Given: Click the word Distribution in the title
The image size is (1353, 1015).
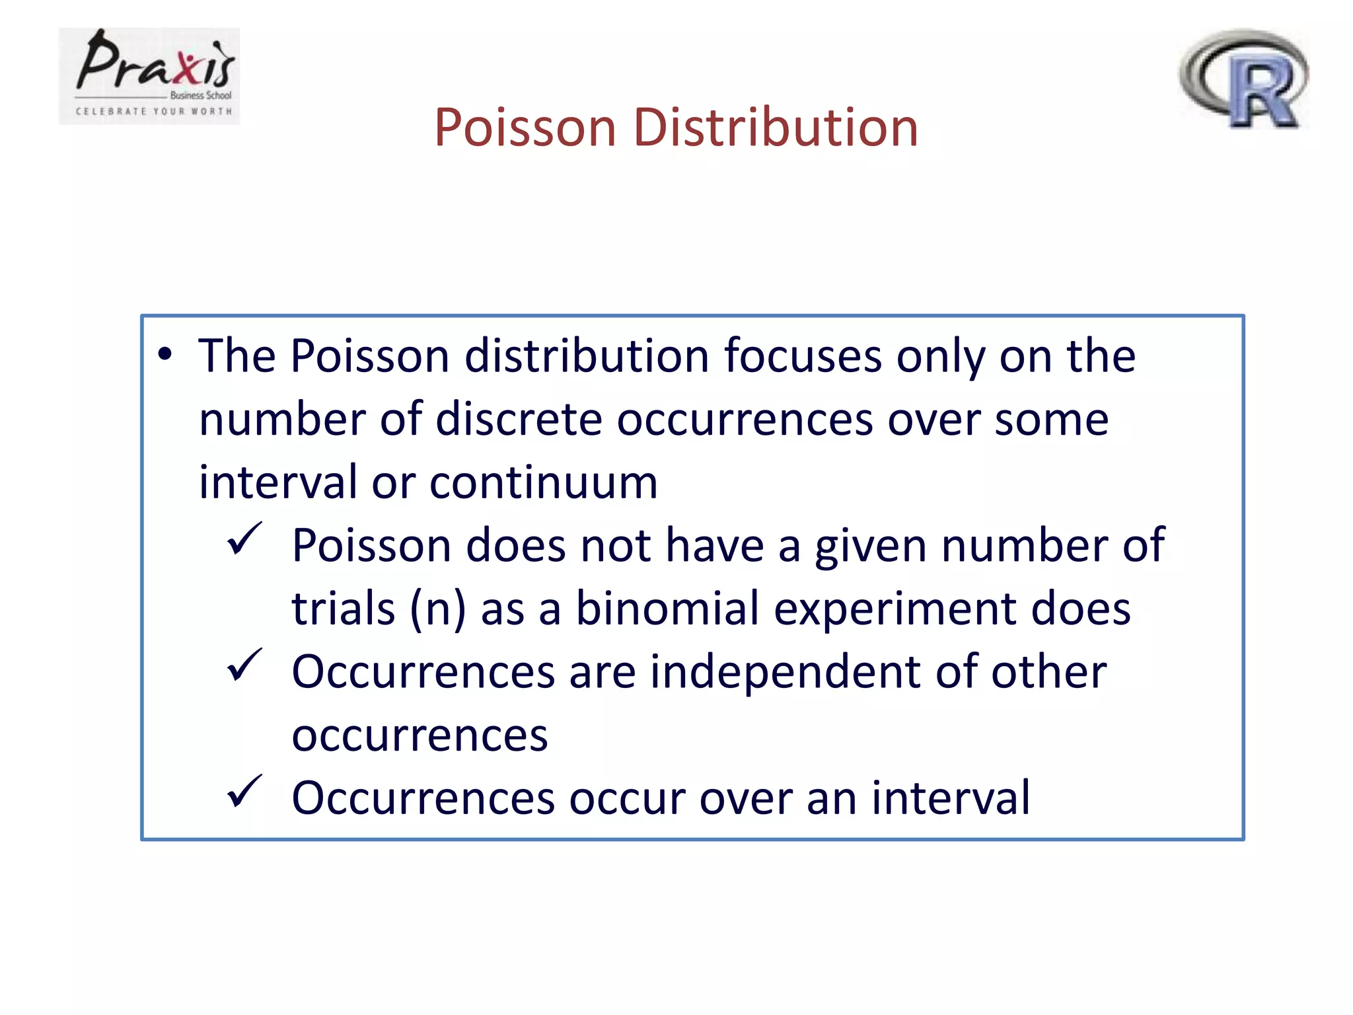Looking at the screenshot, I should coord(776,127).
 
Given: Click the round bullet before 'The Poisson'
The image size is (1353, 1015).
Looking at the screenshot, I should coord(165,355).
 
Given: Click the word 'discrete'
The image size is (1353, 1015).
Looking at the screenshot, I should coord(519,420).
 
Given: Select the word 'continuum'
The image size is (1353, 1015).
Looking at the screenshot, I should coord(544,482).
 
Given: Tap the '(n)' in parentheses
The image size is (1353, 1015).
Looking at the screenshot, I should coord(437,609).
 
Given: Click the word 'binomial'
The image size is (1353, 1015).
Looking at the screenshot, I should coord(667,609).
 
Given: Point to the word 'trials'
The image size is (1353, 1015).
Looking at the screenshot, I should coord(344,609).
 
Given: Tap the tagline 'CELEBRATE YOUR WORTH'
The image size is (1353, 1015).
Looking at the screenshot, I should coord(154,112).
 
